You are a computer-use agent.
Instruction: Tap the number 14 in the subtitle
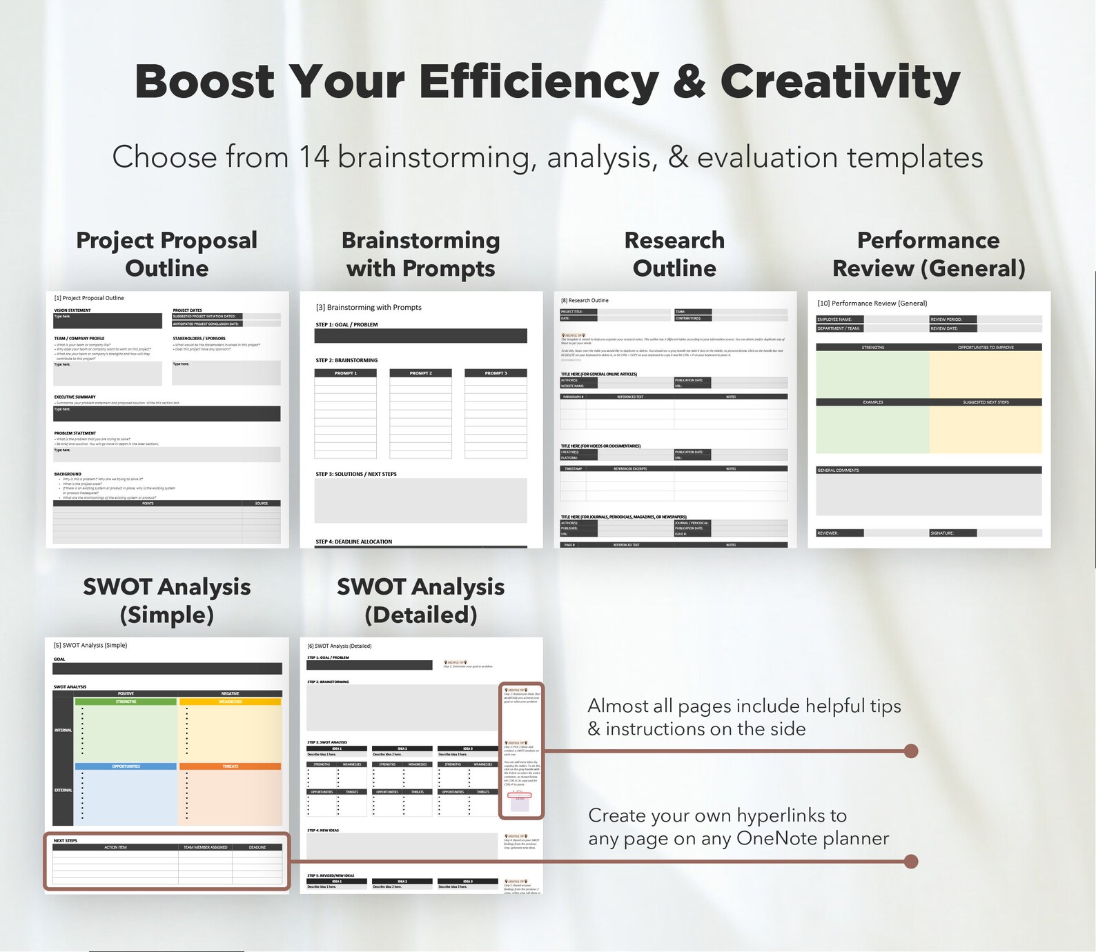(x=314, y=157)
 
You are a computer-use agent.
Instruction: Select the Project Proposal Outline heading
(x=166, y=254)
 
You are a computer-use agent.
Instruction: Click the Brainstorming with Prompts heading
(x=420, y=254)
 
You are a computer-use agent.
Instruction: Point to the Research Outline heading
(x=674, y=254)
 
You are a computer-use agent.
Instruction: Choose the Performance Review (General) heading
(x=928, y=254)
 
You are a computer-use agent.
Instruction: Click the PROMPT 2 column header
(x=420, y=373)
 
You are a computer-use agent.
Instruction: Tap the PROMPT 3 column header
(x=496, y=373)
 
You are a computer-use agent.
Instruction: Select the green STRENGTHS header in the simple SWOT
(x=126, y=702)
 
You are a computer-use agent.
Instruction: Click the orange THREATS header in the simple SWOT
(x=230, y=766)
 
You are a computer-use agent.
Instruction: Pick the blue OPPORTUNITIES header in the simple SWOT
(x=126, y=766)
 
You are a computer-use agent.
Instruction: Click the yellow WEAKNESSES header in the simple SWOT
(x=230, y=702)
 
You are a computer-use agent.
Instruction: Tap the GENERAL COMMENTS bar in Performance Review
(x=928, y=470)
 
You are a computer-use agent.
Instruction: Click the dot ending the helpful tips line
(x=911, y=751)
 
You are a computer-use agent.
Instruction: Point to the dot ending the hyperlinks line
(x=911, y=861)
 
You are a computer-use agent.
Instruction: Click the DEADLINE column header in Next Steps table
(x=257, y=847)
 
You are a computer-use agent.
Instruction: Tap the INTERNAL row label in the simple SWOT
(x=63, y=730)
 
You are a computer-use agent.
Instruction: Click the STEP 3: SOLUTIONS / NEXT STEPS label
(x=356, y=474)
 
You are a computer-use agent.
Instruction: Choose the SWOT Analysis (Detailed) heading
(x=420, y=600)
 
